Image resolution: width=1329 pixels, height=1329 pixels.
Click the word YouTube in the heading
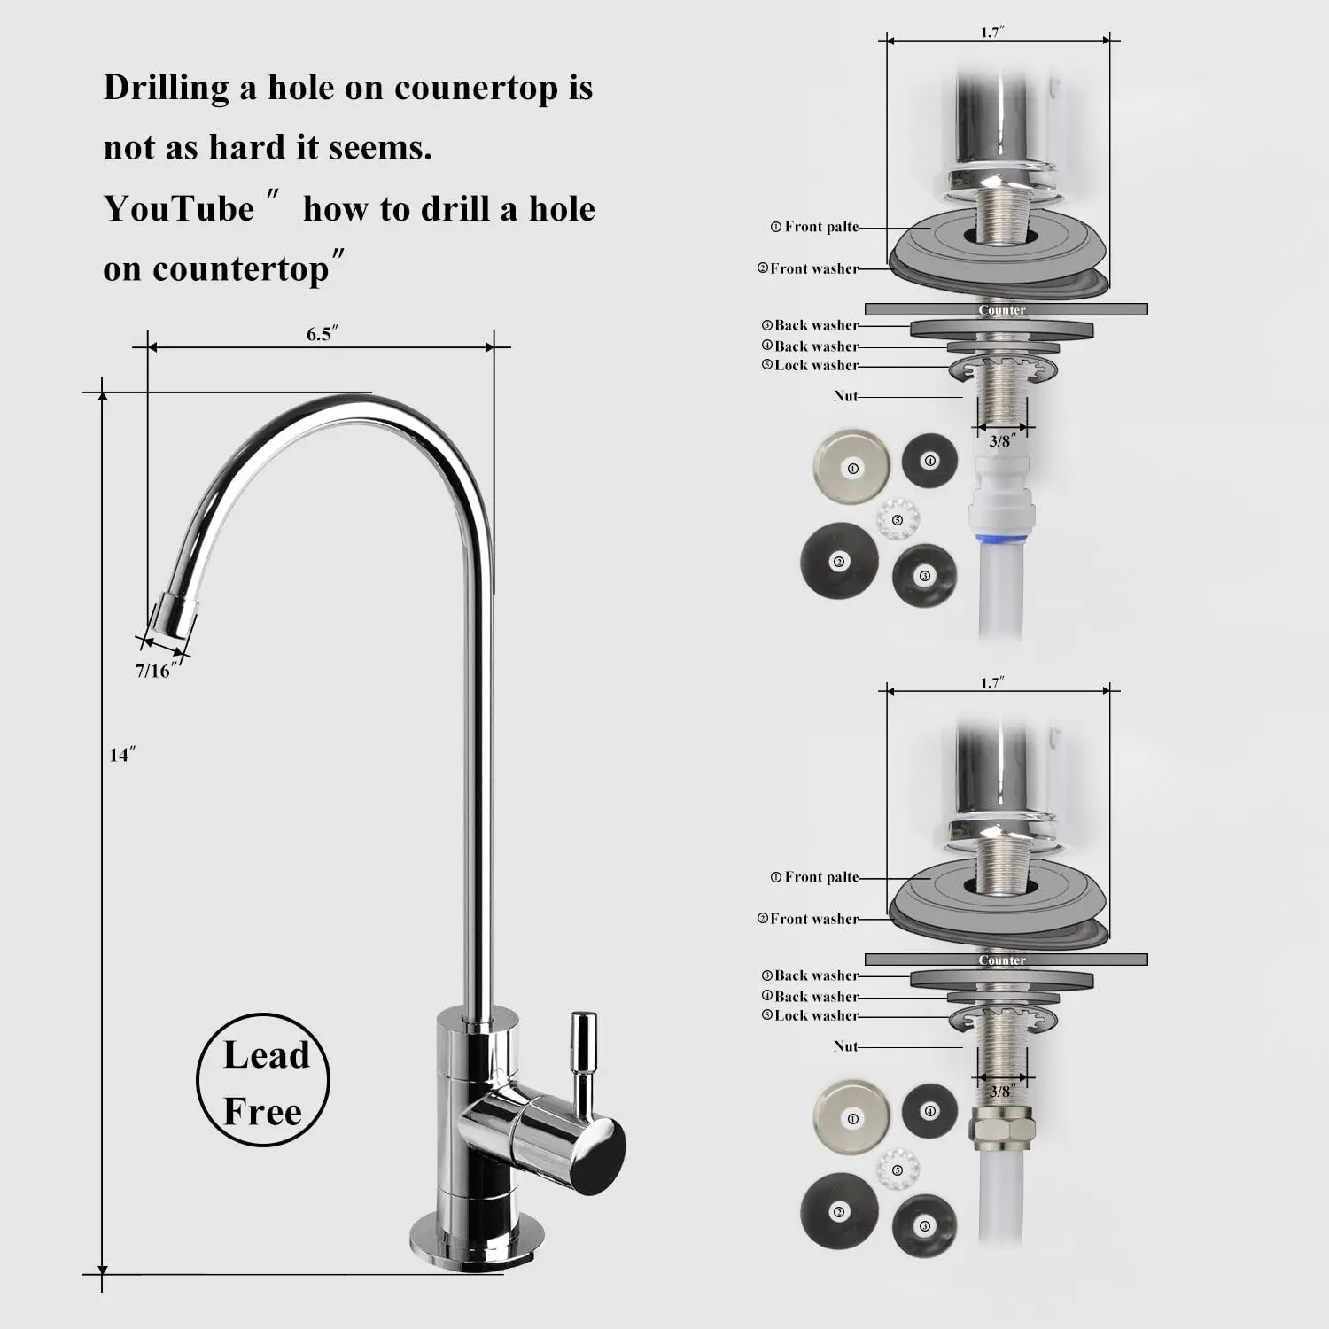coord(179,209)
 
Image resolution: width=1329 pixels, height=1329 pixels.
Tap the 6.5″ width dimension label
coord(323,333)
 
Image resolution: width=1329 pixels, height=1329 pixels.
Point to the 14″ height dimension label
coord(122,755)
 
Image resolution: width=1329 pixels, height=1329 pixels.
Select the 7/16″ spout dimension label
coord(156,670)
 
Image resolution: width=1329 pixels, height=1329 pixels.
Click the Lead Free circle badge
coord(263,1080)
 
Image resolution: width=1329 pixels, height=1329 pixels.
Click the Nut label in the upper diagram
coord(845,396)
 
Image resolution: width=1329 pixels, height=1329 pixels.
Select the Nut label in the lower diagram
coord(845,1046)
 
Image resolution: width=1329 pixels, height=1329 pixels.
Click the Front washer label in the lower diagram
coord(808,919)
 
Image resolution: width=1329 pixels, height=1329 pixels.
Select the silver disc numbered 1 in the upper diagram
coord(852,468)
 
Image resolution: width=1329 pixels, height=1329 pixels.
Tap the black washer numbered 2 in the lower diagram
coord(839,1212)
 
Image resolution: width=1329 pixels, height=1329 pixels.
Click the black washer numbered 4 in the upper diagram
coord(929,461)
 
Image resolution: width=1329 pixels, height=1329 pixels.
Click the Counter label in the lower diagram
coord(1002,960)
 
